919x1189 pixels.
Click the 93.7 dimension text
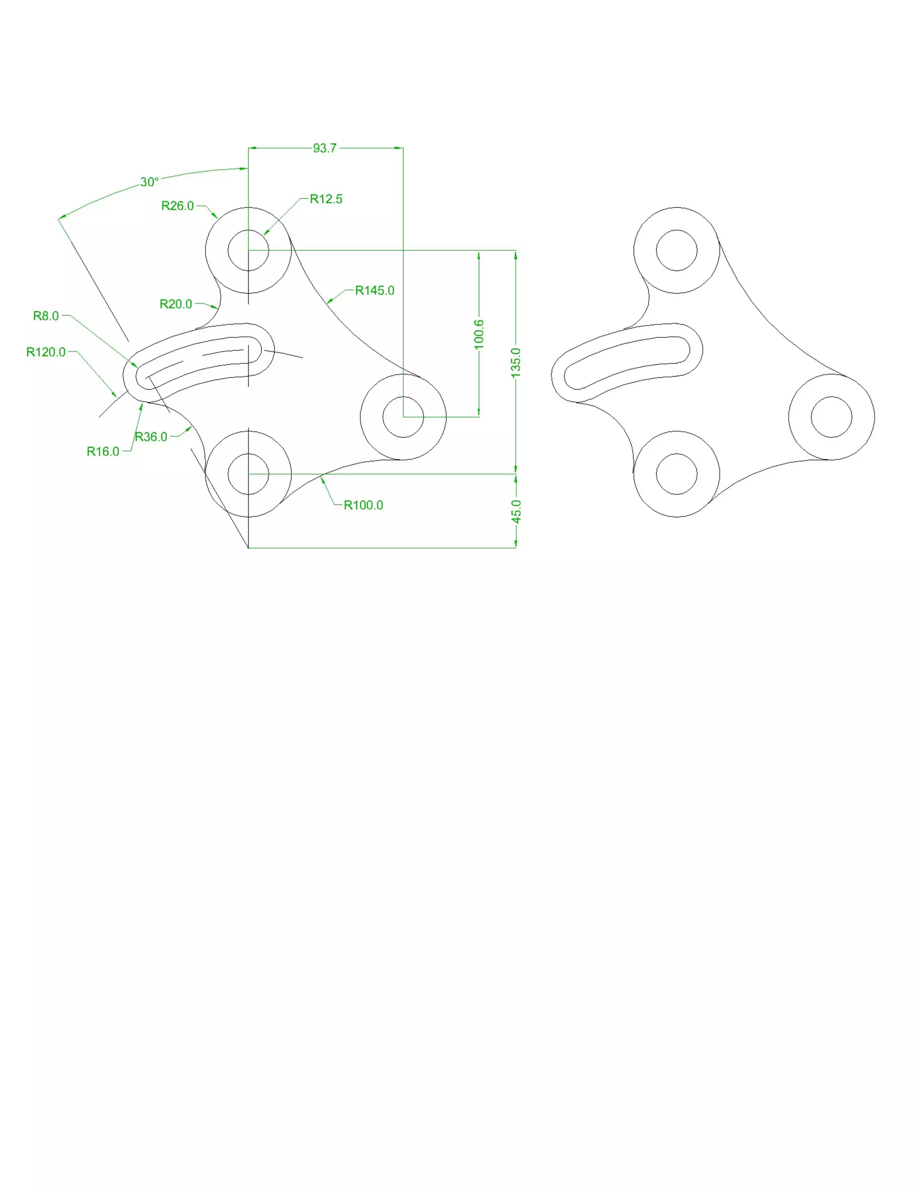(324, 148)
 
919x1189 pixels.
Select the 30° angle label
(149, 182)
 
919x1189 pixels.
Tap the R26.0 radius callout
(178, 206)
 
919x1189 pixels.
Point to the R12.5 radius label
(326, 199)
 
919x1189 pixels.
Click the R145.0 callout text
(375, 291)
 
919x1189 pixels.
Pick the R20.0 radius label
(176, 304)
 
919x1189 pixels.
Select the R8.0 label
(46, 316)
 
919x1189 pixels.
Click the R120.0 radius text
(46, 352)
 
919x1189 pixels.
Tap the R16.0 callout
(103, 452)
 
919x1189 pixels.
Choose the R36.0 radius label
(151, 437)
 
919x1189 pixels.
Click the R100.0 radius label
(363, 505)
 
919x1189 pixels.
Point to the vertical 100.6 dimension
(478, 334)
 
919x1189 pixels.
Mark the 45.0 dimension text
(516, 512)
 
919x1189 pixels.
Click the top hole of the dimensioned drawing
(248, 250)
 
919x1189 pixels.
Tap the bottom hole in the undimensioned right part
(677, 474)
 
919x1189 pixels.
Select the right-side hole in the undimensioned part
(831, 417)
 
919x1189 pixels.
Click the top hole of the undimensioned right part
(677, 250)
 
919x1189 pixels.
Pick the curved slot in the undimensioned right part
(626, 362)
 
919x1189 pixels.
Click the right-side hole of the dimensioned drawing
(403, 417)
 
